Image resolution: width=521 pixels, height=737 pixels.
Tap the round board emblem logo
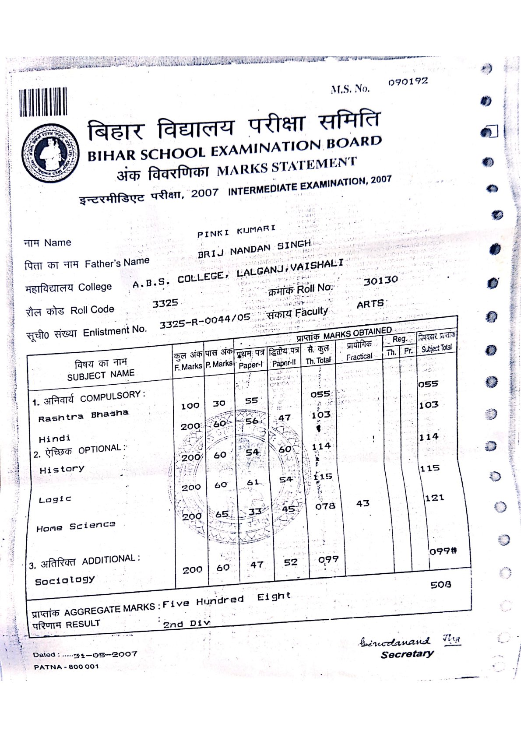pyautogui.click(x=51, y=153)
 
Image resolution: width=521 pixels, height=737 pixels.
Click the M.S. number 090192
pyautogui.click(x=408, y=82)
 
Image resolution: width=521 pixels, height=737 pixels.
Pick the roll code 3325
pyautogui.click(x=165, y=303)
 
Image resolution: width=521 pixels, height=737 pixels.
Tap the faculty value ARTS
pyautogui.click(x=370, y=304)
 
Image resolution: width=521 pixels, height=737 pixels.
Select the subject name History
pyautogui.click(x=62, y=470)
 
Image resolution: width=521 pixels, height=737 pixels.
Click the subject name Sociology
pyautogui.click(x=64, y=581)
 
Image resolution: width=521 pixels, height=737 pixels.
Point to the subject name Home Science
pyautogui.click(x=76, y=526)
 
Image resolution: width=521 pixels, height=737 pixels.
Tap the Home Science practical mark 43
pyautogui.click(x=363, y=503)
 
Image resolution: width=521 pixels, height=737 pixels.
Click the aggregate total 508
pyautogui.click(x=440, y=585)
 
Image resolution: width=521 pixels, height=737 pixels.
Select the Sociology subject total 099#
pyautogui.click(x=443, y=551)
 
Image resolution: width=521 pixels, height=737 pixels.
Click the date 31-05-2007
pyautogui.click(x=106, y=655)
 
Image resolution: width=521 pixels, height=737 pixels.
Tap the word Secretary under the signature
pyautogui.click(x=407, y=654)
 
